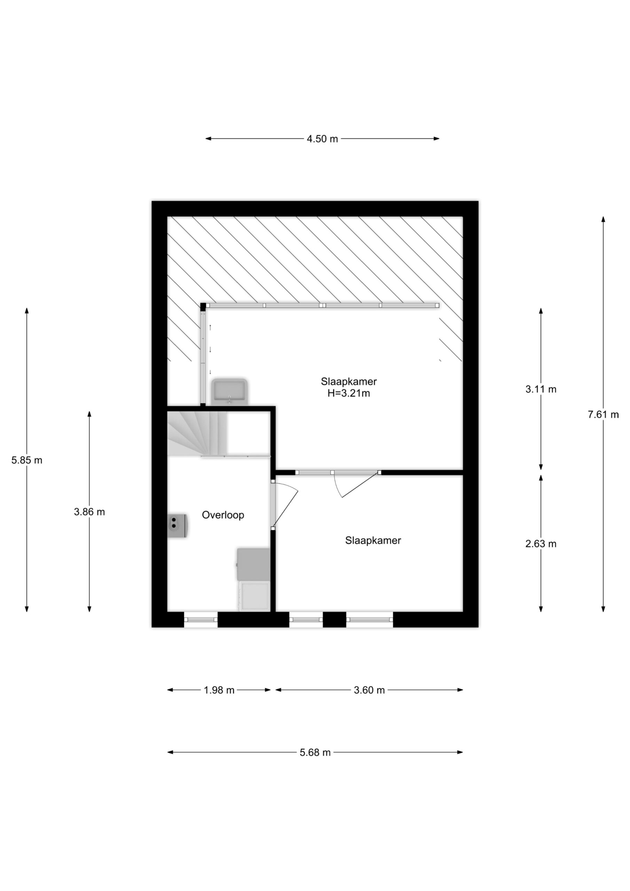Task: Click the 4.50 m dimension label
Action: pyautogui.click(x=322, y=139)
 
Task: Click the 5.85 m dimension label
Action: pyautogui.click(x=27, y=460)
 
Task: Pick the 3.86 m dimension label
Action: pyautogui.click(x=89, y=512)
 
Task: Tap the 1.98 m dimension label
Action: pyautogui.click(x=219, y=690)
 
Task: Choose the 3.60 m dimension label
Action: pyautogui.click(x=369, y=690)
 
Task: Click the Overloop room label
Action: pyautogui.click(x=223, y=515)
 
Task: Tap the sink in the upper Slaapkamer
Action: pyautogui.click(x=229, y=391)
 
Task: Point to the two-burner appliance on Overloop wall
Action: pyautogui.click(x=178, y=526)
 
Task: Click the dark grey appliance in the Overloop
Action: pyautogui.click(x=253, y=564)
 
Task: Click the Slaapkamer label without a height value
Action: pyautogui.click(x=373, y=540)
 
